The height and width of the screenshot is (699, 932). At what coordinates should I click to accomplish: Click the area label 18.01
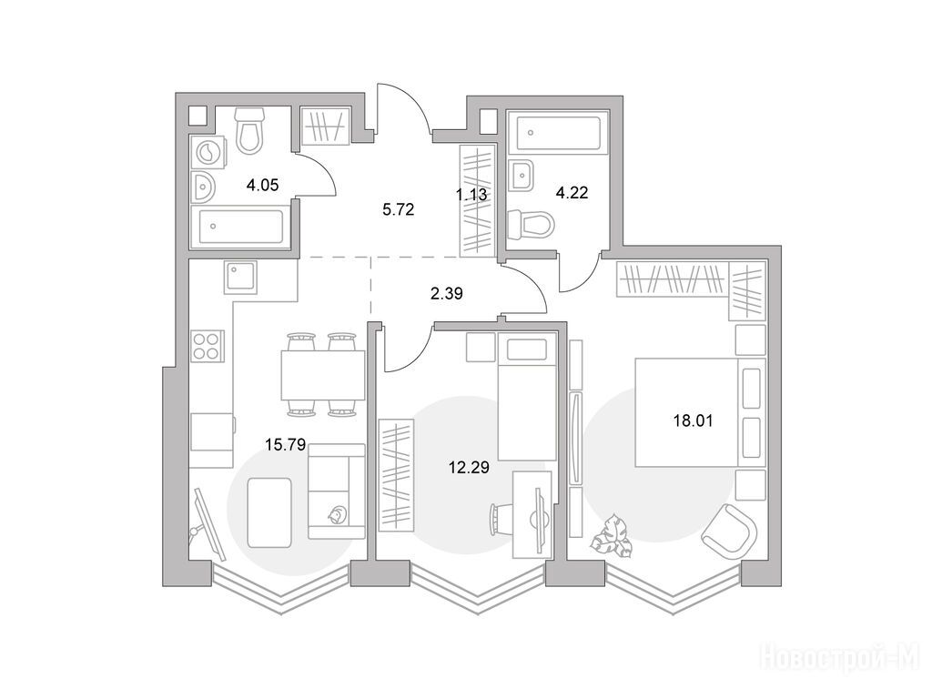(x=693, y=420)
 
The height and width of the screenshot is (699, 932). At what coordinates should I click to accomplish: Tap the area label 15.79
(x=285, y=444)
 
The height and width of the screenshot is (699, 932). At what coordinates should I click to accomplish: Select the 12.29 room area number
(x=469, y=468)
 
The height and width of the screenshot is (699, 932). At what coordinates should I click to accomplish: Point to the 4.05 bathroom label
(x=263, y=186)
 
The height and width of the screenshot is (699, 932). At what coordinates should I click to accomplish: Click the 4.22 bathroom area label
(x=572, y=193)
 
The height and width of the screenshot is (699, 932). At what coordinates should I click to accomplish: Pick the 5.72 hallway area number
(x=399, y=209)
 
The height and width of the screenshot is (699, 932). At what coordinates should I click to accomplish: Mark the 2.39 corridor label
(x=446, y=293)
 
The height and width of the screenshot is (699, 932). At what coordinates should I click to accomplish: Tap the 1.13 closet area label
(x=471, y=195)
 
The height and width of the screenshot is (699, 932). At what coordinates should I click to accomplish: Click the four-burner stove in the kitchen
(x=208, y=346)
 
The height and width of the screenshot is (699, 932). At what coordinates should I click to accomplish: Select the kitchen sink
(x=240, y=277)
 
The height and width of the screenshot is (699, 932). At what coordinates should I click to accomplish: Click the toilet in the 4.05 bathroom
(x=249, y=130)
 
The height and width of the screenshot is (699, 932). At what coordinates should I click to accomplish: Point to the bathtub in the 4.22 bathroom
(x=558, y=133)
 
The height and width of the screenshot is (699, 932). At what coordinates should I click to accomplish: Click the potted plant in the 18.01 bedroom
(x=612, y=535)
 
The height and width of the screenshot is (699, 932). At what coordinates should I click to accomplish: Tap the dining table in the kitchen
(x=323, y=375)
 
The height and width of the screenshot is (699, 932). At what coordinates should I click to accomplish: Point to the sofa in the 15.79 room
(x=337, y=491)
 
